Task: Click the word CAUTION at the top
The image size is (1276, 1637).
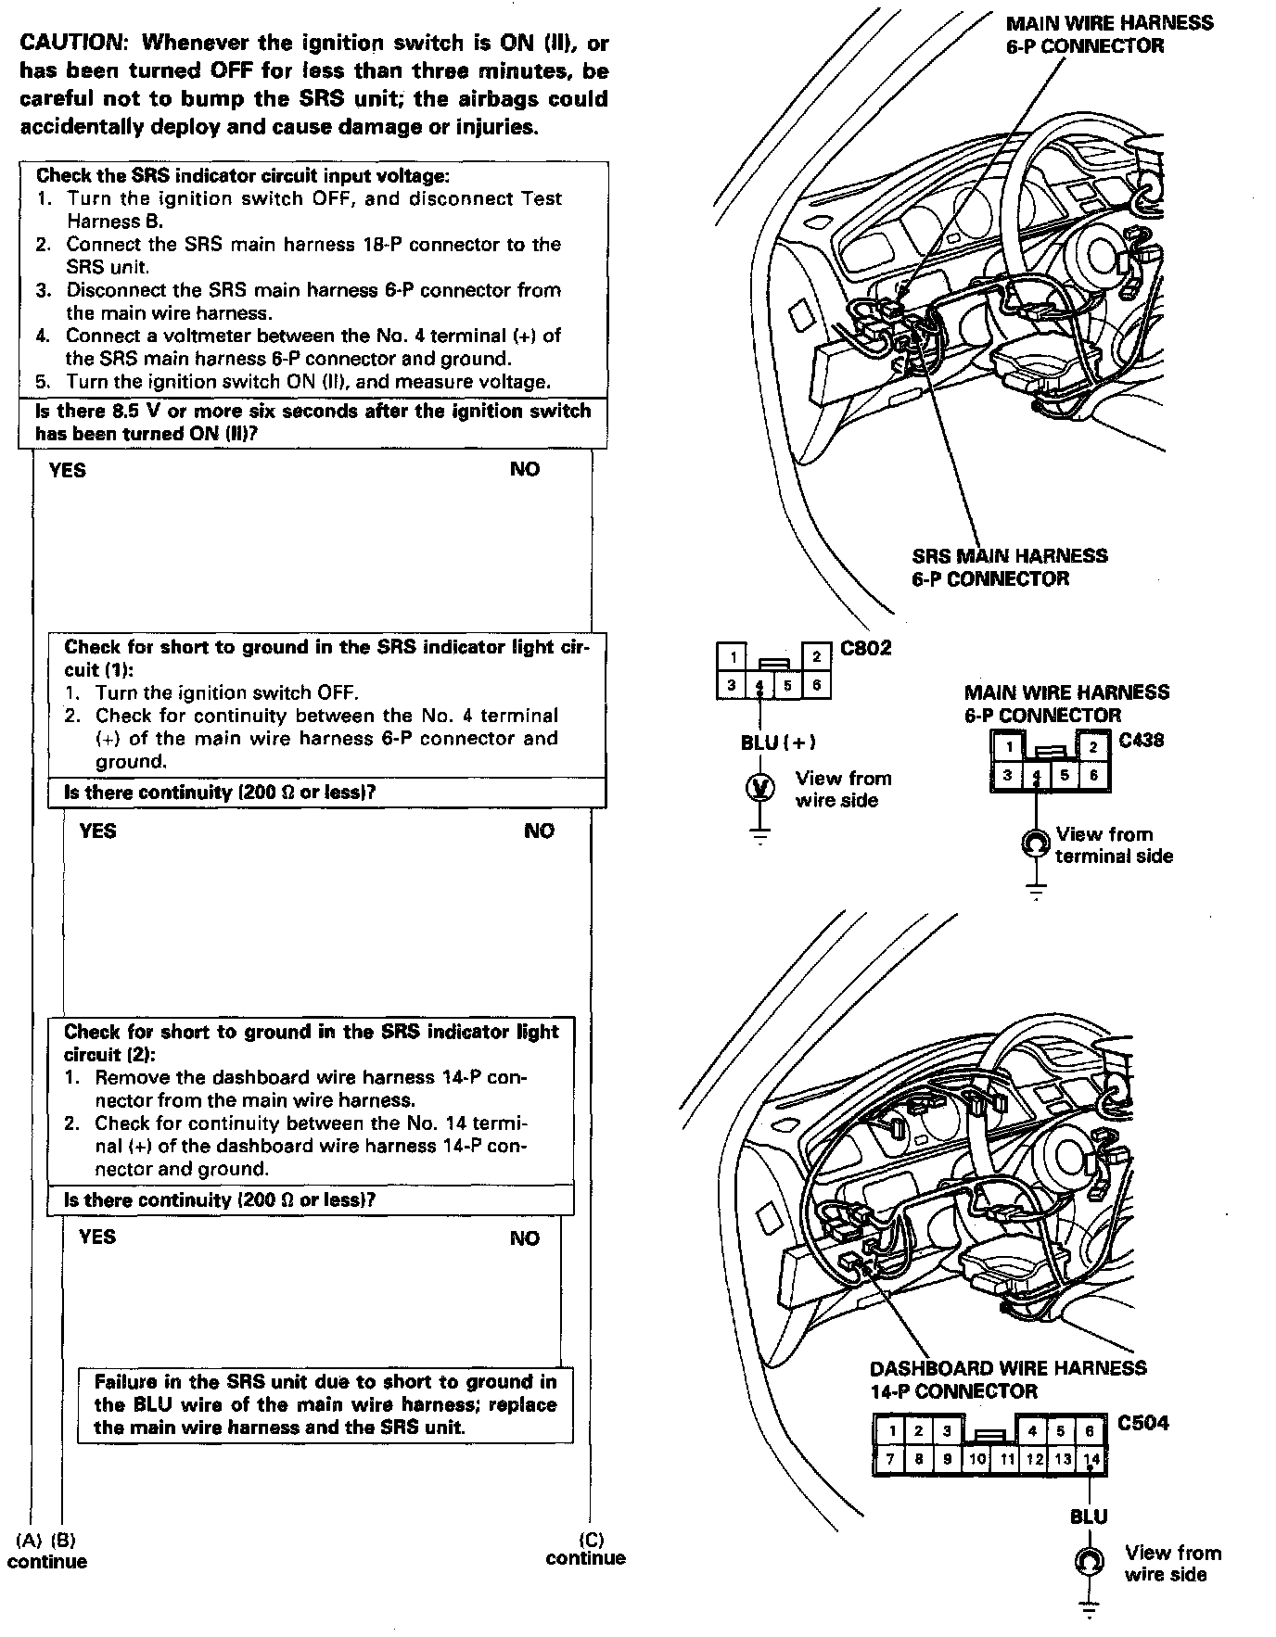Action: coord(70,43)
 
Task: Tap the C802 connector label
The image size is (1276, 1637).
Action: coord(865,648)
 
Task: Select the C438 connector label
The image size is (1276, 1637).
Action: coord(1141,740)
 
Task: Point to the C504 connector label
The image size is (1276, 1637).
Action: coord(1142,1423)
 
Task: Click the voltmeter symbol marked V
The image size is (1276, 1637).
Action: coord(760,788)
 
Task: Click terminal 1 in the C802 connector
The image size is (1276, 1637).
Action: coord(733,657)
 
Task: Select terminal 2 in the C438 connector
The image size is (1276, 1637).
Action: coord(1094,747)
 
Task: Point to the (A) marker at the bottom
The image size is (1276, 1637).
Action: coord(30,1540)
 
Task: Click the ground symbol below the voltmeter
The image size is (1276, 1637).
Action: coord(760,837)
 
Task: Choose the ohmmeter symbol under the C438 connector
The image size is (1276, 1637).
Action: coord(1035,844)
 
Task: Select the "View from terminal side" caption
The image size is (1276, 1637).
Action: coord(1113,844)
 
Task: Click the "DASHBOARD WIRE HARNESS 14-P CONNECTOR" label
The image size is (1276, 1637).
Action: coord(1007,1379)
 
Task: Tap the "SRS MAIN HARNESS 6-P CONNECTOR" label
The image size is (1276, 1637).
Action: coord(1009,567)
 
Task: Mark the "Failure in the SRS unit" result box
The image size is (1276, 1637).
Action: coord(325,1404)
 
